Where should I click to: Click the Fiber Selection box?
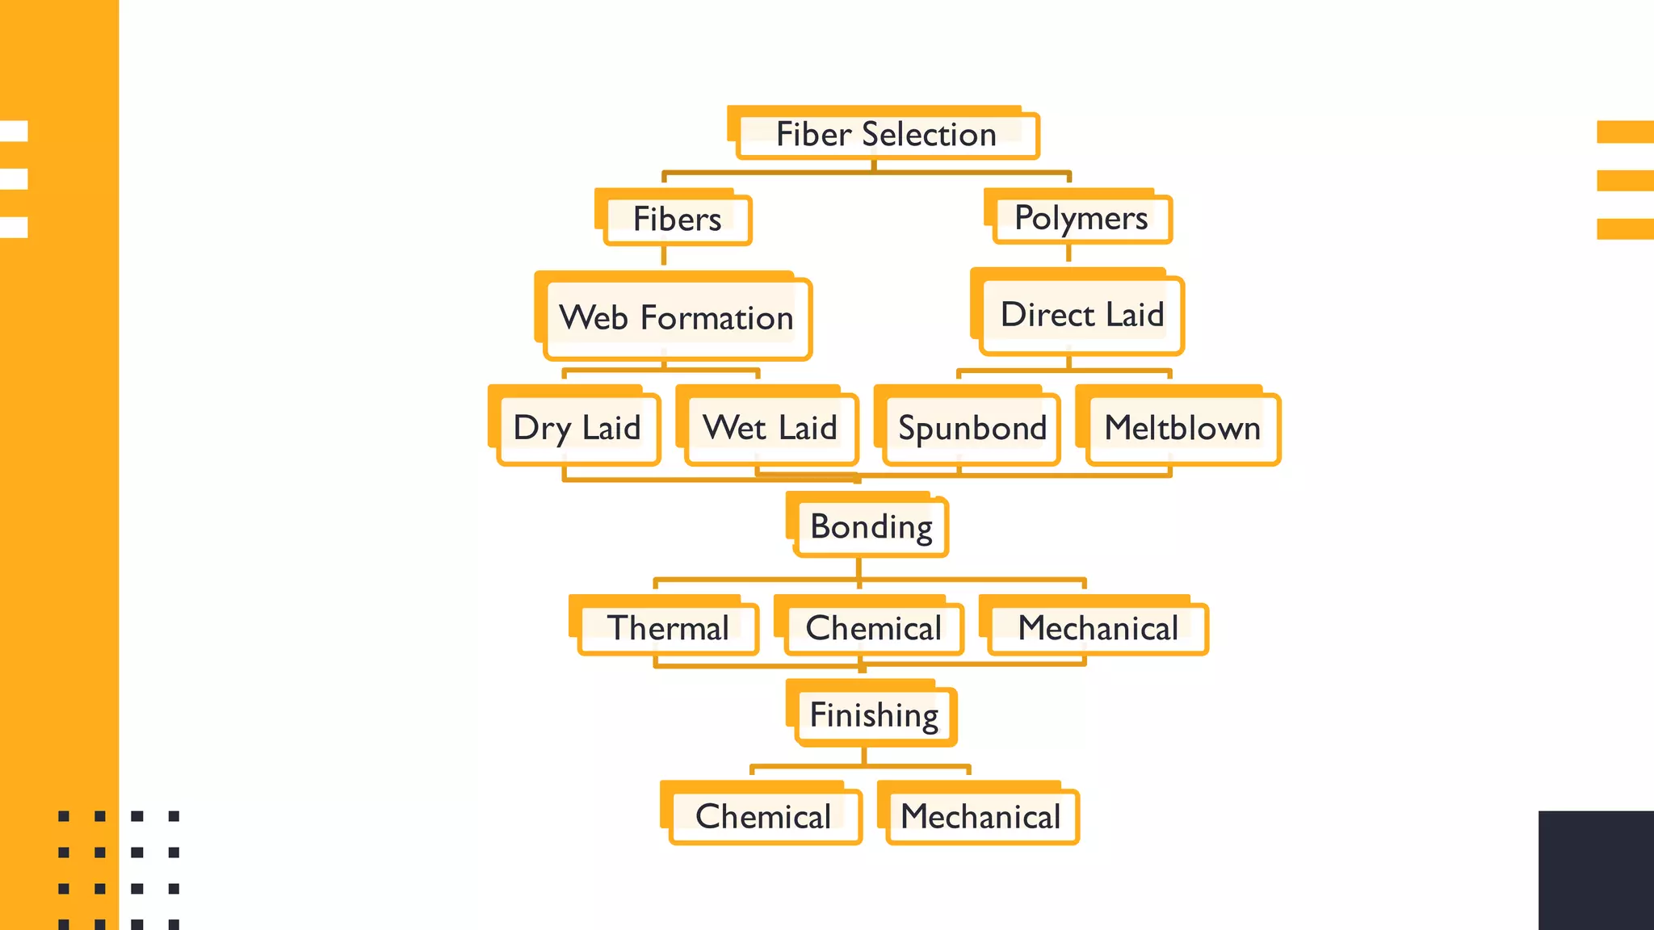coord(886,135)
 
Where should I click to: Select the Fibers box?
coord(677,220)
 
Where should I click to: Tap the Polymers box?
coord(1081,219)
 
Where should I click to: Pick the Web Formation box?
coord(676,318)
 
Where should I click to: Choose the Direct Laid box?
coord(1081,315)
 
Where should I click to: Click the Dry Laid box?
coord(577,428)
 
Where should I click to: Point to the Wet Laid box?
coord(770,428)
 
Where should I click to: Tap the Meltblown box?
coord(1182,428)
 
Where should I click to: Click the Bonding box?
coord(871,527)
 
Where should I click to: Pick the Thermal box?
coord(668,628)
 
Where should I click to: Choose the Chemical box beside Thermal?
coord(873,628)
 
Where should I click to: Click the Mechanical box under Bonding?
coord(1098,628)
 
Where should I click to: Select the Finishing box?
coord(875,715)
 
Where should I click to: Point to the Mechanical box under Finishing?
coord(981,817)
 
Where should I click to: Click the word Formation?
coord(717,318)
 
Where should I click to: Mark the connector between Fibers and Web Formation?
coord(664,256)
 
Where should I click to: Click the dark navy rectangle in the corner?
coord(1596,870)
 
